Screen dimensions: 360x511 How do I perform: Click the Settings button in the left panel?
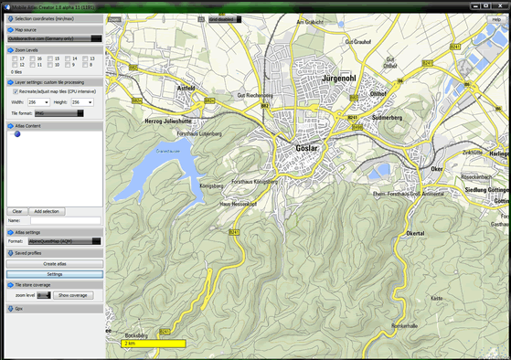coord(54,274)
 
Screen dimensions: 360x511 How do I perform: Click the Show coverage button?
coord(73,295)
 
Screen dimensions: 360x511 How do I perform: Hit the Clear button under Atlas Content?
coord(17,211)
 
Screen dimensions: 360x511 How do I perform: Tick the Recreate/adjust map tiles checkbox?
coord(14,91)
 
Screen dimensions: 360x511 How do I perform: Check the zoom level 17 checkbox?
coord(14,58)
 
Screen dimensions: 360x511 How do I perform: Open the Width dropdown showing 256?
coord(39,102)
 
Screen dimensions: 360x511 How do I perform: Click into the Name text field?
coord(66,220)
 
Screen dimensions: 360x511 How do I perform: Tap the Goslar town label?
coord(307,147)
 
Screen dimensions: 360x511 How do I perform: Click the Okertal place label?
coord(414,234)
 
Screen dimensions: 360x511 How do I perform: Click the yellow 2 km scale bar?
coord(154,343)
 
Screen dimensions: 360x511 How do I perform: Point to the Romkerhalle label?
coord(404,325)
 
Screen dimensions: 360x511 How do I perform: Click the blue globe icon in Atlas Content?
coord(16,134)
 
